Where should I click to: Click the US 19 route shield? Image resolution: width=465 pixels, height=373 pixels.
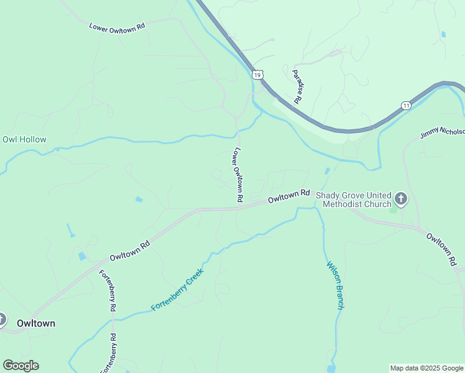(x=257, y=75)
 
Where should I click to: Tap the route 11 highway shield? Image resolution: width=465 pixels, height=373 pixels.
(x=406, y=105)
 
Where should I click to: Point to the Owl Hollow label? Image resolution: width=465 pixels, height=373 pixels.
(x=24, y=139)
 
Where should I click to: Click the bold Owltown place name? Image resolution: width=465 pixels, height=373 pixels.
(x=36, y=323)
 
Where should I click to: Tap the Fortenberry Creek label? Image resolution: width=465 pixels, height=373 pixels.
(x=177, y=290)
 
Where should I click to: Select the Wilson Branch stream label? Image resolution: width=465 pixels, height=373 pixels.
(x=336, y=285)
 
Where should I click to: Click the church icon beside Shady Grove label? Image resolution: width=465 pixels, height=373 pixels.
(x=401, y=199)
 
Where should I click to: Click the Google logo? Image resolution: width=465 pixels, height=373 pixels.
(x=21, y=366)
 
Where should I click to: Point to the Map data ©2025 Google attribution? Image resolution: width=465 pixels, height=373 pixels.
(x=426, y=368)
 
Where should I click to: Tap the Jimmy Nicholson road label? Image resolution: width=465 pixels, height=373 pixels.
(x=442, y=131)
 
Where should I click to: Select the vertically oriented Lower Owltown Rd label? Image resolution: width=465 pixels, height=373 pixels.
(x=237, y=175)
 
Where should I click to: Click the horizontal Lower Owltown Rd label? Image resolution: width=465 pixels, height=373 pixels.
(x=117, y=27)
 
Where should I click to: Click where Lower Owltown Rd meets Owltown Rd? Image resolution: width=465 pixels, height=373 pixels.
(x=239, y=209)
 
